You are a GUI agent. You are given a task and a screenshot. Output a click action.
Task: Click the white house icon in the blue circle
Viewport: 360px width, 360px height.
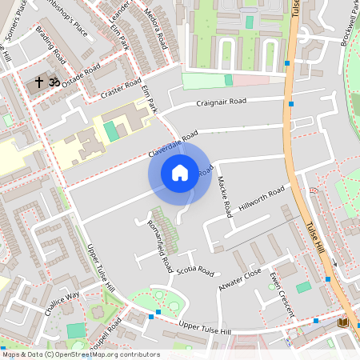coord(180,172)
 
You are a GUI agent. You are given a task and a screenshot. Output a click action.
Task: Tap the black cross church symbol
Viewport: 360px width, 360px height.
coord(39,82)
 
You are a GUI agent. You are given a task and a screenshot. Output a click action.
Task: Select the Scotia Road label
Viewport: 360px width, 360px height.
coord(195,270)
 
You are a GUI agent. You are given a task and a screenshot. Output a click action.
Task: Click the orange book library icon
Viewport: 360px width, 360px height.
coord(343,322)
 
